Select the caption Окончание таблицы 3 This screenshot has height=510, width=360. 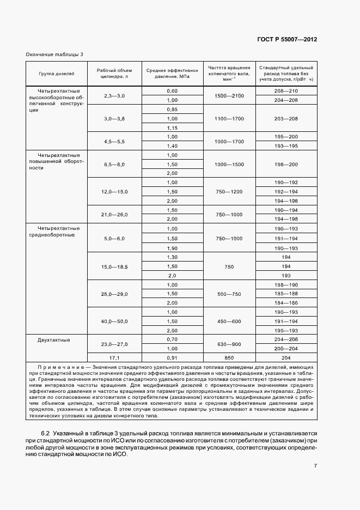[54, 54]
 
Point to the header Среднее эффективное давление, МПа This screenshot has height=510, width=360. [172, 72]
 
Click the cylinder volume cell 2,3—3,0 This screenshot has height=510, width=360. [114, 95]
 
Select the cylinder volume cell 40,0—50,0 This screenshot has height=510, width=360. [114, 321]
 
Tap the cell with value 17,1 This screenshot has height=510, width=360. [114, 357]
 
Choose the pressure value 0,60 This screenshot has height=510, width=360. [172, 90]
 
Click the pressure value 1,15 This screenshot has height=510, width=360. [172, 127]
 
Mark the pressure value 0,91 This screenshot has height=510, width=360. [172, 357]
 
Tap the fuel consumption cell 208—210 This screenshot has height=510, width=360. [286, 90]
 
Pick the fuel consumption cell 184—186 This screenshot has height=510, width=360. [286, 302]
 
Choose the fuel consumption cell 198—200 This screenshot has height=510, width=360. [286, 164]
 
